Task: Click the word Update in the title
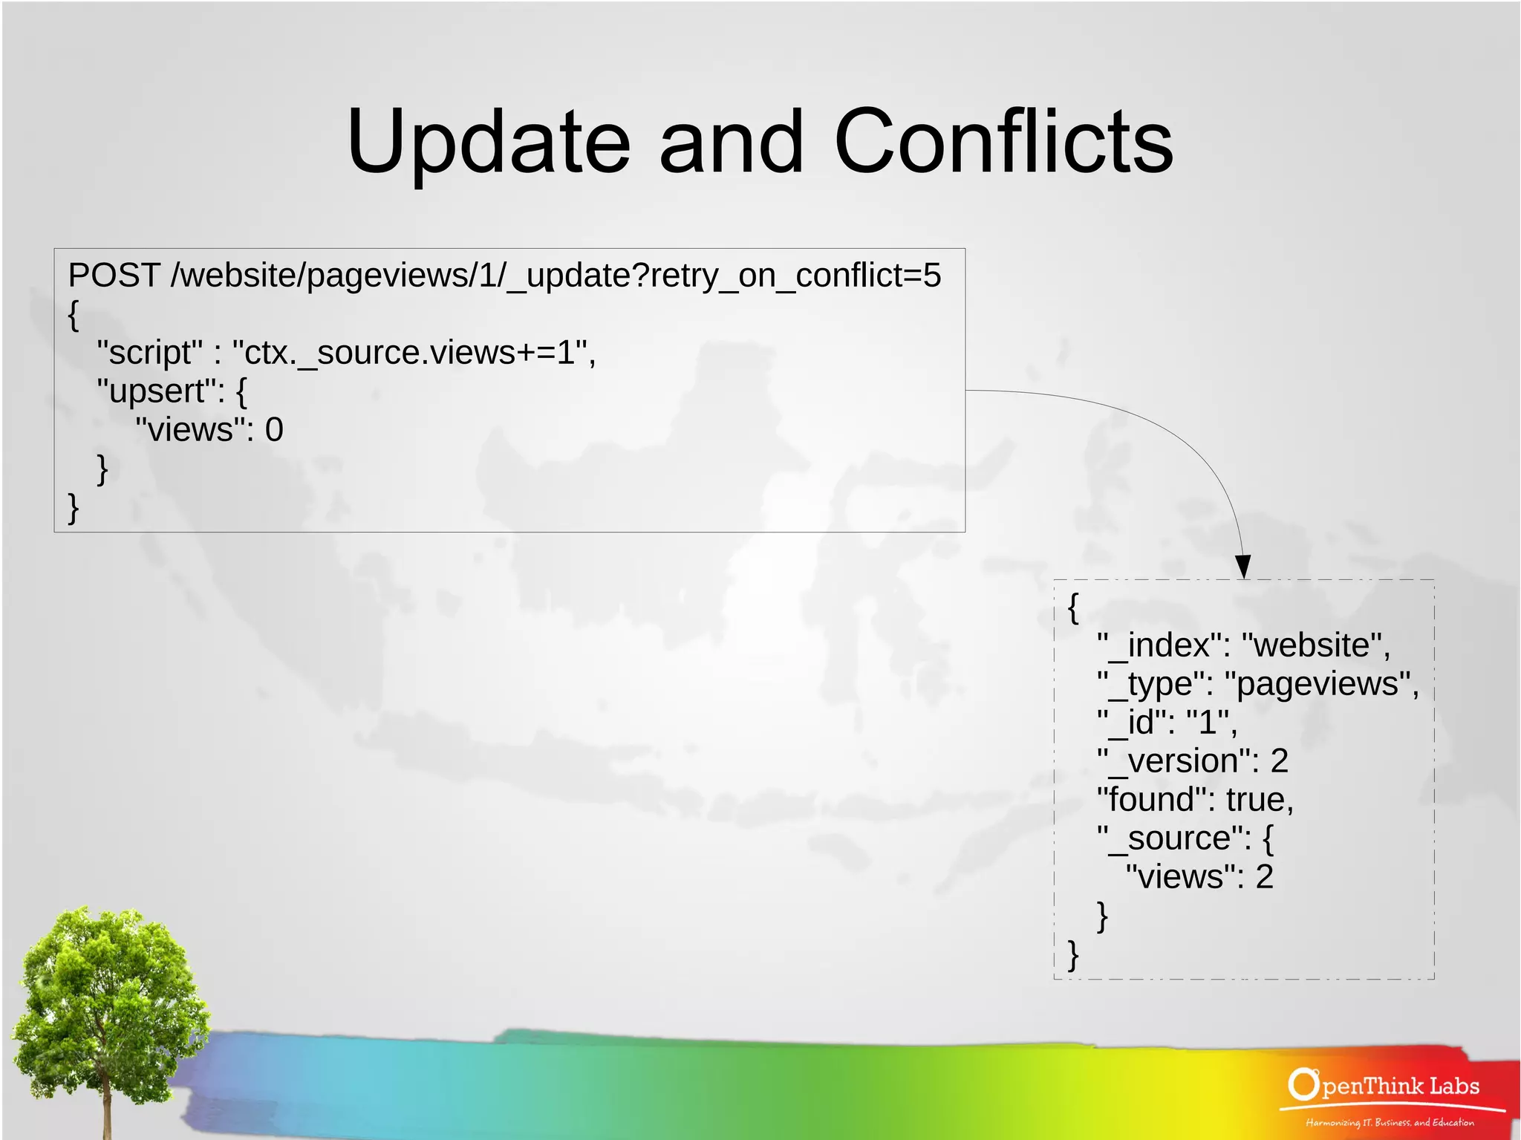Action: tap(489, 141)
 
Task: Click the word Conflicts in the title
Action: tap(1003, 141)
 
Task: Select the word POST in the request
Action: tap(114, 276)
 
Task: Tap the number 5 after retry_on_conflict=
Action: tap(932, 276)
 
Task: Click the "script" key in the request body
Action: tap(149, 353)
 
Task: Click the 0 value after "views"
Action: tap(274, 430)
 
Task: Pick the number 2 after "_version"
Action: tap(1279, 761)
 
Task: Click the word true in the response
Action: tap(1256, 800)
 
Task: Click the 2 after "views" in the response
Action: tap(1264, 877)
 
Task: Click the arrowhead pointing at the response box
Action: tap(1242, 567)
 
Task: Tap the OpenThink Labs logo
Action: tap(1383, 1086)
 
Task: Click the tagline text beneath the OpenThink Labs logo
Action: tap(1390, 1122)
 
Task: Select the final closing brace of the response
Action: tap(1072, 955)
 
